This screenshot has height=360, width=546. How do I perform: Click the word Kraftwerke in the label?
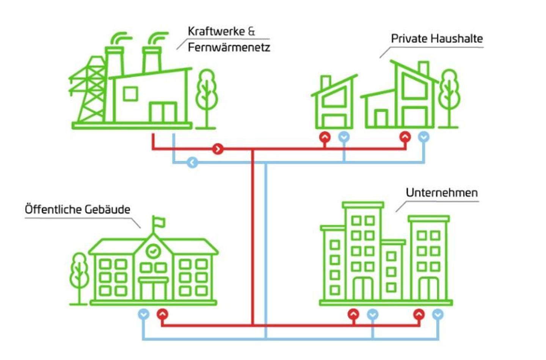pyautogui.click(x=216, y=31)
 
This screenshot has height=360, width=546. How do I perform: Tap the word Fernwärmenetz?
pyautogui.click(x=229, y=47)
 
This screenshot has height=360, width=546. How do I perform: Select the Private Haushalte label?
pyautogui.click(x=436, y=39)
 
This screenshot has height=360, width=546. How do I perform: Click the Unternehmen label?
pyautogui.click(x=441, y=193)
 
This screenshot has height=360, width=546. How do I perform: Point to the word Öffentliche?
pyautogui.click(x=53, y=210)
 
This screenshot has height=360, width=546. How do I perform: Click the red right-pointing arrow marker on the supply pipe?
pyautogui.click(x=218, y=149)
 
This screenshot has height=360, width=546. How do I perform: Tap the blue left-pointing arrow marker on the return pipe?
pyautogui.click(x=192, y=163)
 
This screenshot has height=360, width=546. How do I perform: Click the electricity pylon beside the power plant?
pyautogui.click(x=89, y=91)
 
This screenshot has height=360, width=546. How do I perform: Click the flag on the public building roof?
pyautogui.click(x=158, y=222)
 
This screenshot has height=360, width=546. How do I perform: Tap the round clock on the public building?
pyautogui.click(x=153, y=250)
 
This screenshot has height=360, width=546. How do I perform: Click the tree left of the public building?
pyautogui.click(x=79, y=277)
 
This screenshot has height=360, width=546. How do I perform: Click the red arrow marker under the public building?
pyautogui.click(x=163, y=314)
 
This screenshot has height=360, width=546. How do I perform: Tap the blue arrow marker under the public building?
pyautogui.click(x=143, y=314)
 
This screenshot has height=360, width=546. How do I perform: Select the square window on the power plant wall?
pyautogui.click(x=130, y=94)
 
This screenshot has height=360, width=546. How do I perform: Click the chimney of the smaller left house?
pyautogui.click(x=325, y=82)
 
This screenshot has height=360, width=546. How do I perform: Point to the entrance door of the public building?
pyautogui.click(x=153, y=290)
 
